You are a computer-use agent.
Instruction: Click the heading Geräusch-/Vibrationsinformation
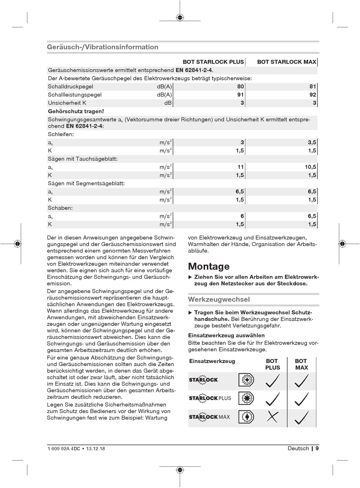tap(102, 47)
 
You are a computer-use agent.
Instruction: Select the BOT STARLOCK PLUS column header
tap(213, 62)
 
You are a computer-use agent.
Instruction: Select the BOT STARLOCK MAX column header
tap(286, 62)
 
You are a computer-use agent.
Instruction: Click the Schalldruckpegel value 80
tap(240, 87)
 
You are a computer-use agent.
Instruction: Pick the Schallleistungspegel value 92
tap(313, 95)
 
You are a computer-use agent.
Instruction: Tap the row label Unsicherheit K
tap(67, 103)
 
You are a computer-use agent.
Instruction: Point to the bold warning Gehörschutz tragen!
tap(76, 111)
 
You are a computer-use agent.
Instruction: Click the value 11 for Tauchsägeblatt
tap(240, 167)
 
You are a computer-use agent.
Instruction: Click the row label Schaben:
tap(60, 208)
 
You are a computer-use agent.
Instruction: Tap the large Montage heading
tap(209, 266)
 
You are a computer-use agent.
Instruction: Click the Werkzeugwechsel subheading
tap(219, 299)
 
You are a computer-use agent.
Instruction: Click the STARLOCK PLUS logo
tap(210, 398)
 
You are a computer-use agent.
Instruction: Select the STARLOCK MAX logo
tap(209, 417)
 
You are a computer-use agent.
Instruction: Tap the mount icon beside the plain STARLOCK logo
tap(246, 380)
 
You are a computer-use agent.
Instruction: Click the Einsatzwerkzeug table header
tap(212, 361)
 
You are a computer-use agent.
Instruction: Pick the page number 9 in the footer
tap(317, 449)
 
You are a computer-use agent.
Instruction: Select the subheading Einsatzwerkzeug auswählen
tap(226, 335)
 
